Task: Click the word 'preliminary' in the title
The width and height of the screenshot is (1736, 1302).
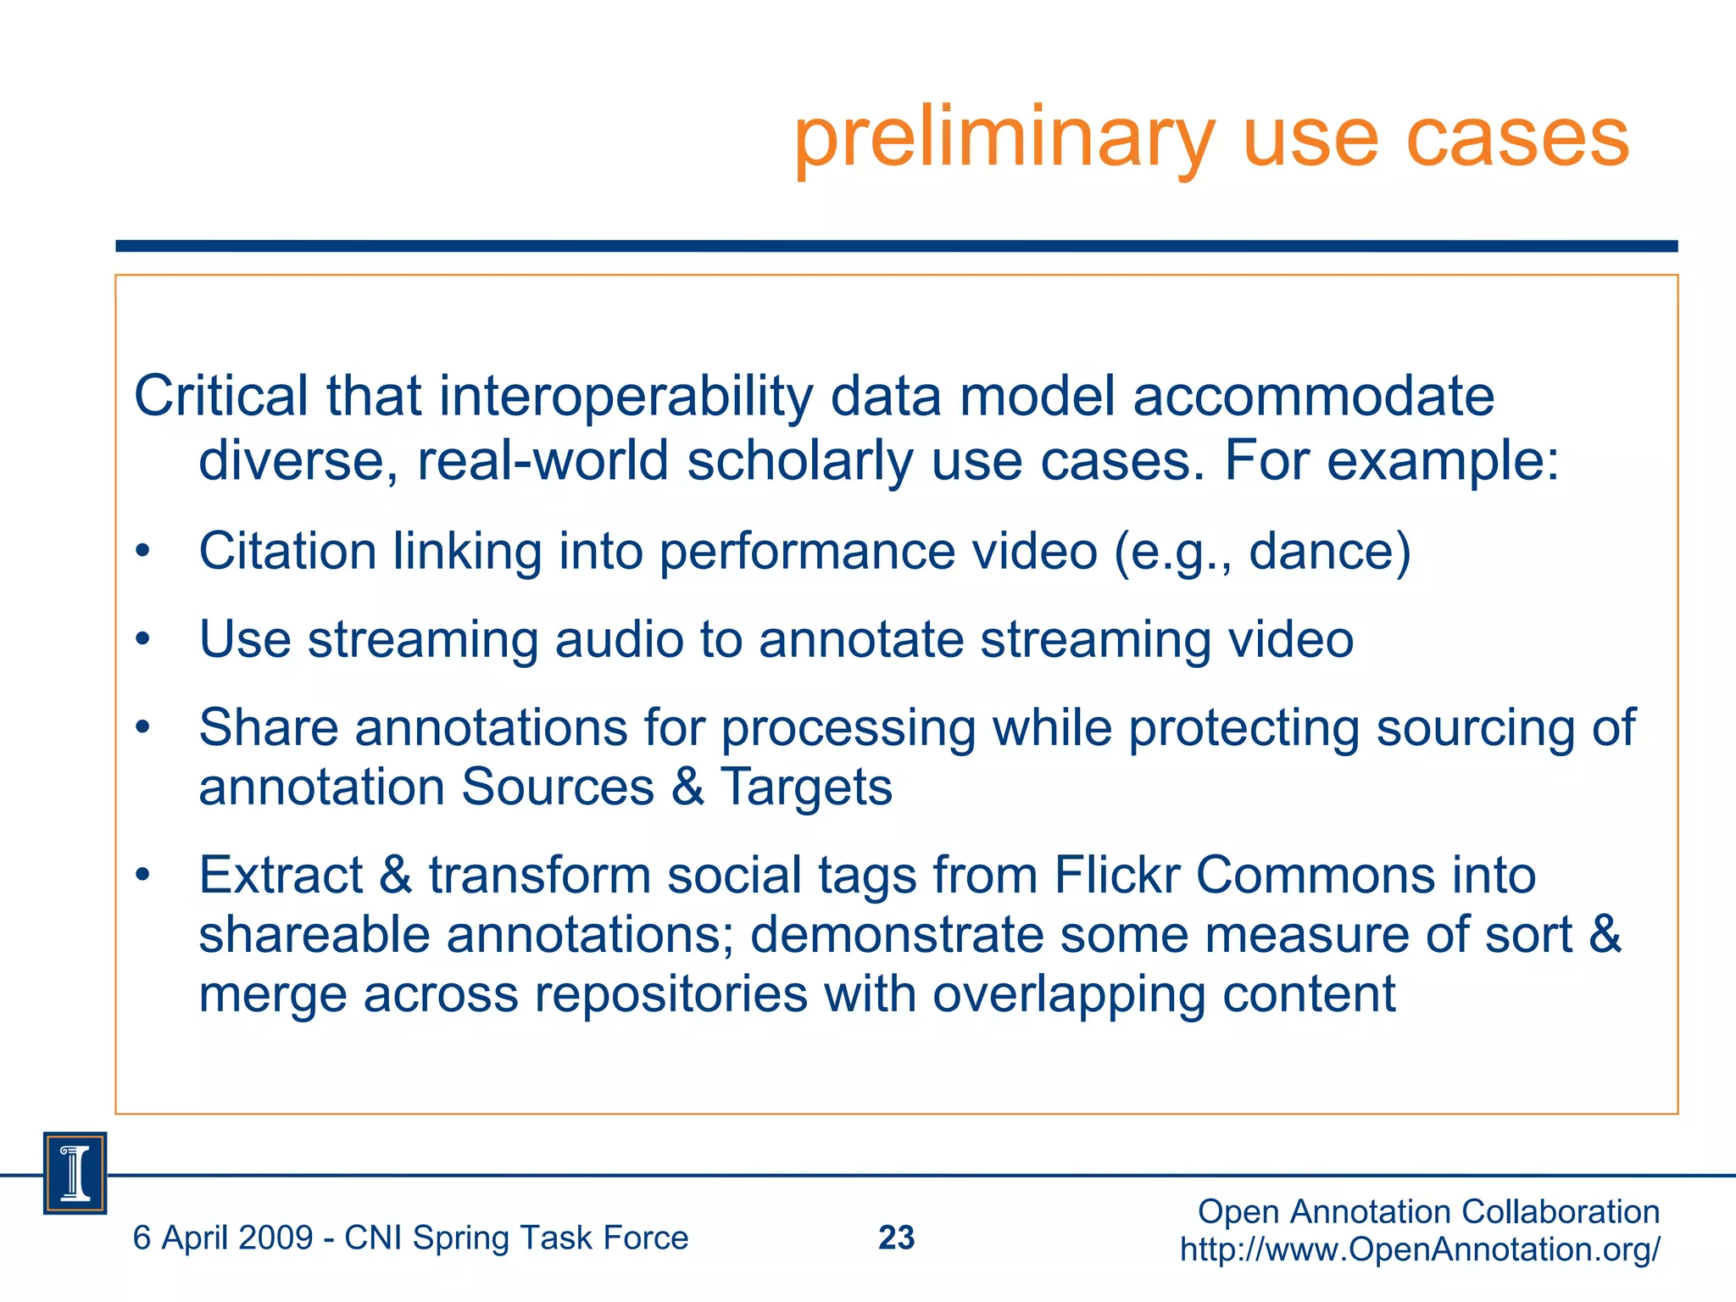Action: coord(1004,140)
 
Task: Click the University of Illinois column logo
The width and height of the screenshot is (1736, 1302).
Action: coord(75,1173)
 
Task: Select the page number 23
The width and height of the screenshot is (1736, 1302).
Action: coord(896,1238)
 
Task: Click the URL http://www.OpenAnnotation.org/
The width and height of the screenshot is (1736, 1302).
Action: coord(1420,1249)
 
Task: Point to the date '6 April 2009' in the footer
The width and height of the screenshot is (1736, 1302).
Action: coord(223,1238)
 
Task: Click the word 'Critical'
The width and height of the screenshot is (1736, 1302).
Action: coord(221,396)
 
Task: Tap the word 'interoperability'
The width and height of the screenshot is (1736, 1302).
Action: coord(626,398)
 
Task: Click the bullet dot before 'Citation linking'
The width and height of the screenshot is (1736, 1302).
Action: coord(142,552)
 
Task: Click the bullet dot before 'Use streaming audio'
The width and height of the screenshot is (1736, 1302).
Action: coord(142,640)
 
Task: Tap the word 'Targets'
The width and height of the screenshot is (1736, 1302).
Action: coord(806,787)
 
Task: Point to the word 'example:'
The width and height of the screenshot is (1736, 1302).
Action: coord(1443,462)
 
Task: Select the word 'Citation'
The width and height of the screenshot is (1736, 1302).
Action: coord(287,552)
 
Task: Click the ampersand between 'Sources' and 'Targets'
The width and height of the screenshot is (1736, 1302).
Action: coord(687,787)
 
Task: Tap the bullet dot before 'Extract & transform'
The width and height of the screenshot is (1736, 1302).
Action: coord(142,875)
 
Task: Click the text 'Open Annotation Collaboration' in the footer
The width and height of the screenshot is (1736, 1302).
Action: coord(1428,1212)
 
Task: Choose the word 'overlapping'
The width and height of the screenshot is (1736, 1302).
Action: coord(1069,994)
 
